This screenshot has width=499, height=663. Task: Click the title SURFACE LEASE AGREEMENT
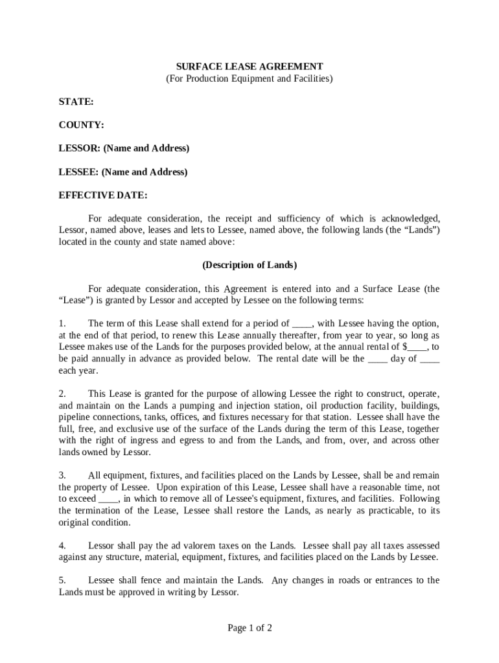[250, 67]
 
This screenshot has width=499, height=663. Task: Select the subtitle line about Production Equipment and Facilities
[250, 78]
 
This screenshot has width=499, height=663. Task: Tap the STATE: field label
[76, 102]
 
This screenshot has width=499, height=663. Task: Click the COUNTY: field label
[82, 125]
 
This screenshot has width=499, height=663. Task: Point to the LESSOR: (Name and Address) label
[124, 148]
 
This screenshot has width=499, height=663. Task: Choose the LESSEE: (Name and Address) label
[123, 172]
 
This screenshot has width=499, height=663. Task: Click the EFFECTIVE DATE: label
[103, 195]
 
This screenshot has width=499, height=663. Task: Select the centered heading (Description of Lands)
[250, 265]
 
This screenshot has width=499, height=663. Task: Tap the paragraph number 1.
[62, 323]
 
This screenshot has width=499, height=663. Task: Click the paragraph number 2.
[62, 394]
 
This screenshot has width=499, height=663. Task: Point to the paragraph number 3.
[62, 476]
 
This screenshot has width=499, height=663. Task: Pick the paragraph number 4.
[62, 545]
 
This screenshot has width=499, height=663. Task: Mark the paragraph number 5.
[62, 580]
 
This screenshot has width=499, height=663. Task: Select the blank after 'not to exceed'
[108, 499]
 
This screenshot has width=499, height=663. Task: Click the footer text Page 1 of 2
[250, 627]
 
